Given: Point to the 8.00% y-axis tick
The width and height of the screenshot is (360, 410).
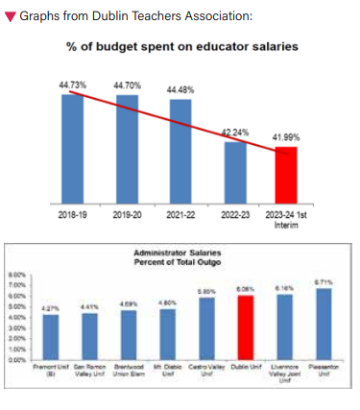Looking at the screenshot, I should click(x=17, y=274).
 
